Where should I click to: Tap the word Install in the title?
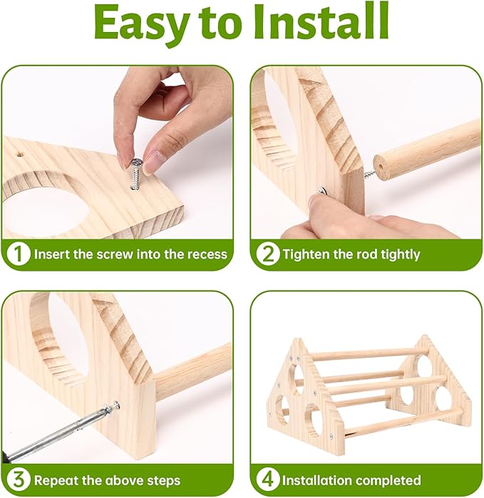(321, 21)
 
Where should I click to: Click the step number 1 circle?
(19, 254)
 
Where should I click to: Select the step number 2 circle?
(268, 254)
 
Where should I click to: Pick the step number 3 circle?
(19, 480)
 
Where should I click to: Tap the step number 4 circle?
(268, 480)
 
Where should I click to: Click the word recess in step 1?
(207, 254)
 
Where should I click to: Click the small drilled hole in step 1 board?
(20, 155)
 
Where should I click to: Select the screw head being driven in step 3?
(115, 405)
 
